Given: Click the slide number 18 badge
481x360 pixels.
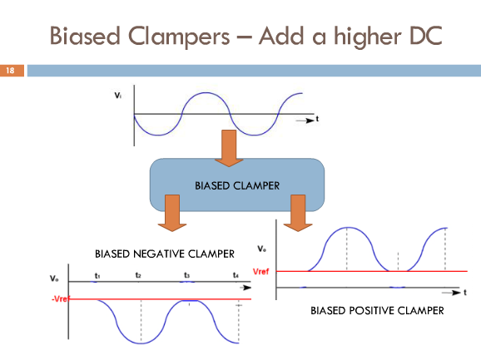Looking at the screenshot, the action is pyautogui.click(x=12, y=71).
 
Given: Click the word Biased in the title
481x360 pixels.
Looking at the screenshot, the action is pyautogui.click(x=85, y=36).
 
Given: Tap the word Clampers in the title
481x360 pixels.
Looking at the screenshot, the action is pyautogui.click(x=179, y=37).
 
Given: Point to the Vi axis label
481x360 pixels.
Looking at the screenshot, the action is pyautogui.click(x=118, y=96).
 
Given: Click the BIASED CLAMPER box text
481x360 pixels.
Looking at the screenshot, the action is pyautogui.click(x=237, y=185).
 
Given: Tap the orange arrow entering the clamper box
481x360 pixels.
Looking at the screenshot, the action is pyautogui.click(x=229, y=148).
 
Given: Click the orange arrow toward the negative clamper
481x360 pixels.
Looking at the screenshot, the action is pyautogui.click(x=172, y=213).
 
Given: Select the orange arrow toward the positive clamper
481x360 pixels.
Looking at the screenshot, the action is pyautogui.click(x=298, y=213).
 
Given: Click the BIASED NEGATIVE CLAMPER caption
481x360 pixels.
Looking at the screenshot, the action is pyautogui.click(x=165, y=254).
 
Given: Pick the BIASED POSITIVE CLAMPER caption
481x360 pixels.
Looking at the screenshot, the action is pyautogui.click(x=377, y=311).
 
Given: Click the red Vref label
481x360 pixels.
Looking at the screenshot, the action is pyautogui.click(x=260, y=272).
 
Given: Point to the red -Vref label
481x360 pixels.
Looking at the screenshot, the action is pyautogui.click(x=61, y=298).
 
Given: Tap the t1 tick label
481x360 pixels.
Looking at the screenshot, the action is pyautogui.click(x=97, y=276).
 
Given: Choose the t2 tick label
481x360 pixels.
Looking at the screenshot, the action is pyautogui.click(x=138, y=275).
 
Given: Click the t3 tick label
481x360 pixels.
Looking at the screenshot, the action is pyautogui.click(x=186, y=275).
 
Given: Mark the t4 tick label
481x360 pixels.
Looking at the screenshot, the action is pyautogui.click(x=236, y=275).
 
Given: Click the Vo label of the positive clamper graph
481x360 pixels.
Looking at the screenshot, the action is pyautogui.click(x=261, y=249).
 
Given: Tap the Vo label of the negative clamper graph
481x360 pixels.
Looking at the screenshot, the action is pyautogui.click(x=54, y=279).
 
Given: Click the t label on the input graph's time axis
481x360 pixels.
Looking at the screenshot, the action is pyautogui.click(x=317, y=119).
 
